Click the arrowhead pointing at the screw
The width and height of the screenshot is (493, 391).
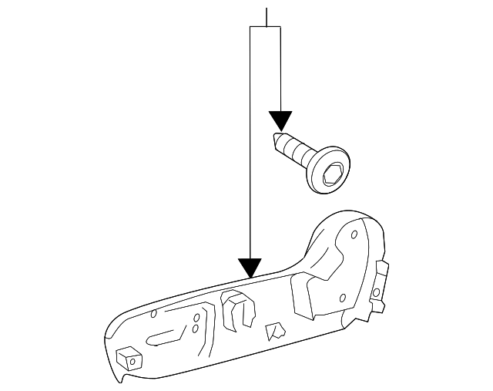[x=280, y=120]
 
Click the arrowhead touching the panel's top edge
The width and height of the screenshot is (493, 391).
[x=250, y=268]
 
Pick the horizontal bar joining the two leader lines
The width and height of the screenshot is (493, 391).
[x=266, y=26]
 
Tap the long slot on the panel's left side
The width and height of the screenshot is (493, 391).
[x=166, y=336]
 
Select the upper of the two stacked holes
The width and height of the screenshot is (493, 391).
[x=196, y=318]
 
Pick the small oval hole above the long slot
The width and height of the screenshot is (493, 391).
[x=154, y=312]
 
